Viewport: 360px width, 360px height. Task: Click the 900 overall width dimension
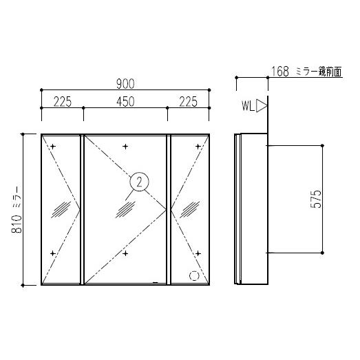click(x=125, y=84)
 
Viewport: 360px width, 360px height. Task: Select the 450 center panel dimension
click(x=125, y=102)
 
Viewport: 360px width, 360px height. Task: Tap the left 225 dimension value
click(x=63, y=102)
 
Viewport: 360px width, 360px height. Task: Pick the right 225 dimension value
click(x=188, y=102)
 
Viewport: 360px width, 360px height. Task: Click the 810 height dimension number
click(x=17, y=224)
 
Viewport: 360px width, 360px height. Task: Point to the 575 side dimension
click(x=316, y=199)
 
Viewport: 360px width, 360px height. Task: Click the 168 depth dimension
click(x=280, y=72)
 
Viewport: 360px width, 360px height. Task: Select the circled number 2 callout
click(x=139, y=182)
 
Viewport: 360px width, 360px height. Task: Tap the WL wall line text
click(x=248, y=106)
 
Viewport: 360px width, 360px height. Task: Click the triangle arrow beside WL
click(x=262, y=106)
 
